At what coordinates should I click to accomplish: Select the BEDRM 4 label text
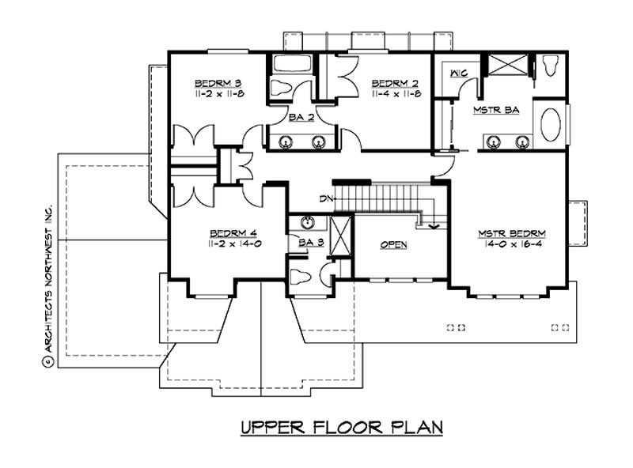234,233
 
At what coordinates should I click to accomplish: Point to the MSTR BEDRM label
513,234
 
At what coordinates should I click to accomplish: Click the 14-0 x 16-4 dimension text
513,245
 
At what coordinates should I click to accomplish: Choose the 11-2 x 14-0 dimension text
235,244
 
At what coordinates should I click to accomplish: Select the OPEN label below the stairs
393,245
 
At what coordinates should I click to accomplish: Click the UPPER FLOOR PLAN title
341,428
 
